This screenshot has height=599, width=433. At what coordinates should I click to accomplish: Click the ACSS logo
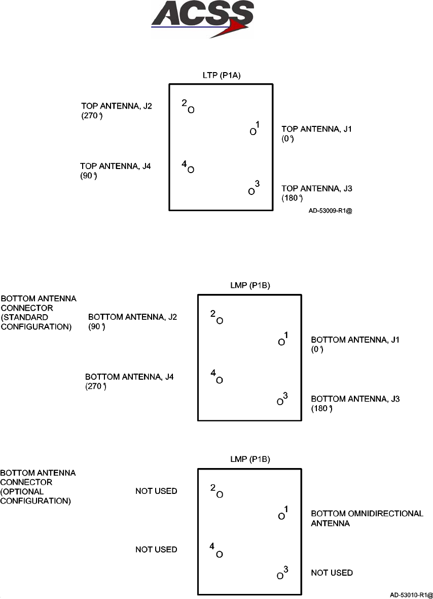coord(202,19)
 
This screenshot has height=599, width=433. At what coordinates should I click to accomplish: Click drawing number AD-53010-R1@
coord(411,594)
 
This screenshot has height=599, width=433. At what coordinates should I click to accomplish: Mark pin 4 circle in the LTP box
coord(191,170)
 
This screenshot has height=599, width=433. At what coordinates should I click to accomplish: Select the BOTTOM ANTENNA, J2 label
coord(132,317)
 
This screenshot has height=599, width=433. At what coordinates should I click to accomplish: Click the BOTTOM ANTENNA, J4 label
coord(129,377)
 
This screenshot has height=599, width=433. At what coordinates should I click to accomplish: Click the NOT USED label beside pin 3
coord(332,573)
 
